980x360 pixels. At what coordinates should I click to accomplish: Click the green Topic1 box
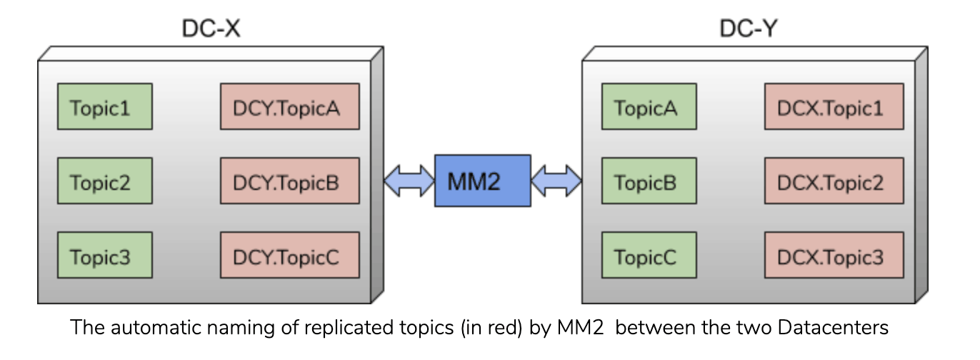[x=104, y=106]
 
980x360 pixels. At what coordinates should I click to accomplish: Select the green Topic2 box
[x=104, y=181]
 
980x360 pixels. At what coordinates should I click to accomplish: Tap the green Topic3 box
[x=104, y=255]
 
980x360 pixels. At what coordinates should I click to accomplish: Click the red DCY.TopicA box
[x=289, y=106]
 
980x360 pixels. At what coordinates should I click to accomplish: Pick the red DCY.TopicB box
[x=289, y=181]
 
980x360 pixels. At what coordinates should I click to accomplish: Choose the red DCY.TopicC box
[x=289, y=255]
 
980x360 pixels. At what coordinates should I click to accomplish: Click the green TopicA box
[x=649, y=106]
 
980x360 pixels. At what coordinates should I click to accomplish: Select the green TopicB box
[x=649, y=181]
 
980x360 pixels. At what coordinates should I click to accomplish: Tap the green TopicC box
[x=649, y=255]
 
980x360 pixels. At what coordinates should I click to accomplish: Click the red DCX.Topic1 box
[x=834, y=106]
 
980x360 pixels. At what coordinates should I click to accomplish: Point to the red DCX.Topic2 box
[x=834, y=181]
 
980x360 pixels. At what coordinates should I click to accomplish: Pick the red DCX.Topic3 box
[x=834, y=255]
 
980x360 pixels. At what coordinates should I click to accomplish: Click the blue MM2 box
[x=483, y=181]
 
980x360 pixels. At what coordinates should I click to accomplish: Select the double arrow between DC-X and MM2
[x=409, y=181]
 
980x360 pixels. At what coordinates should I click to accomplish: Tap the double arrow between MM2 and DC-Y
[x=556, y=181]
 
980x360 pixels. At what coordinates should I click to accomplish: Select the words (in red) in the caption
[x=464, y=328]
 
